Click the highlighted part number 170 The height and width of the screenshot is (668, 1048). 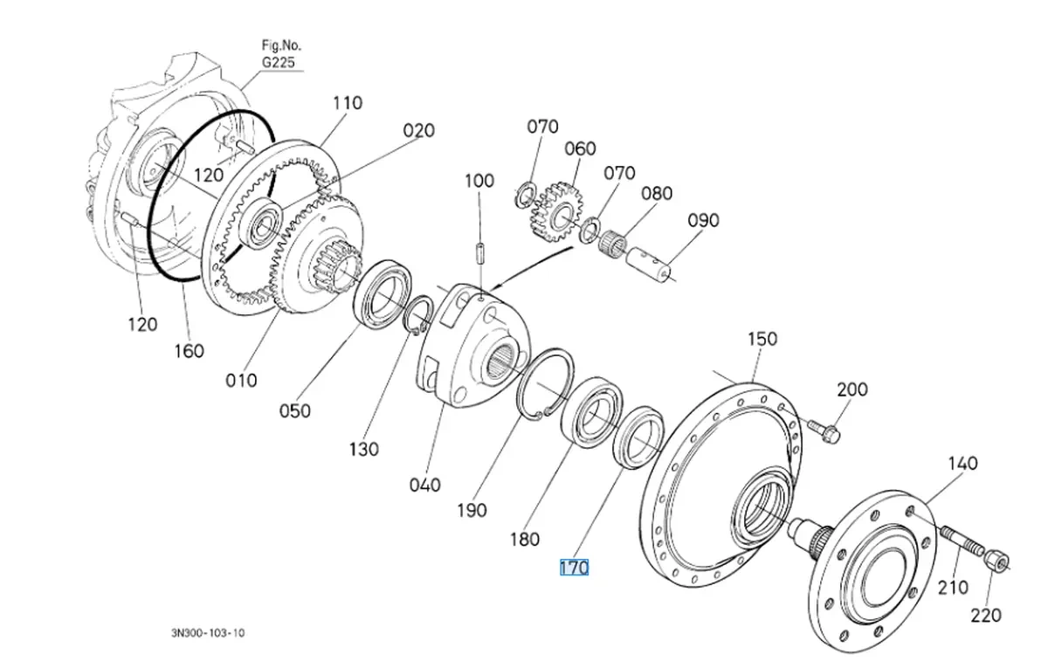point(574,568)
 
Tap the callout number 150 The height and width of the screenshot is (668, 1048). point(762,339)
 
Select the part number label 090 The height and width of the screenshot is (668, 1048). point(702,221)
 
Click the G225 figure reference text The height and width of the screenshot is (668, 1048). point(278,63)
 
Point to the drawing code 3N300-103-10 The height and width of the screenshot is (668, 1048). point(208,632)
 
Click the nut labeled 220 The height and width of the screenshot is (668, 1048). point(995,558)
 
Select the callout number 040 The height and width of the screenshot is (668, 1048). point(424,486)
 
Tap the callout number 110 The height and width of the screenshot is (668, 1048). point(347,103)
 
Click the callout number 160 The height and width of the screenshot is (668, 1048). point(189,351)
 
